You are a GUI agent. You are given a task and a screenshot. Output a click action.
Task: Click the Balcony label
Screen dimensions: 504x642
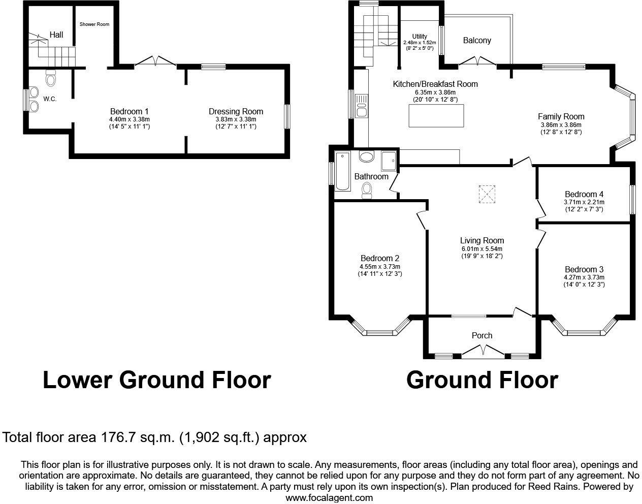[477, 40]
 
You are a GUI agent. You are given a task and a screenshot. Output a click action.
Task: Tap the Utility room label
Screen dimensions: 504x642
[420, 36]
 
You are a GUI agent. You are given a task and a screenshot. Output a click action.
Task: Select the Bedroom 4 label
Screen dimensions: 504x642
[584, 194]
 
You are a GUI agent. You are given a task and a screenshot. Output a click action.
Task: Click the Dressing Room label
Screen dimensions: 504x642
[236, 112]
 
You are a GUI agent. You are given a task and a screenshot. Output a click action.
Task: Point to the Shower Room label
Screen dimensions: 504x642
[94, 24]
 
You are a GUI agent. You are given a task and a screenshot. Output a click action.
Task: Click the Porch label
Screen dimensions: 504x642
[482, 335]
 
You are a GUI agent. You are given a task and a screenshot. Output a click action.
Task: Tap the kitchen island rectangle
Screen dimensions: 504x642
[437, 115]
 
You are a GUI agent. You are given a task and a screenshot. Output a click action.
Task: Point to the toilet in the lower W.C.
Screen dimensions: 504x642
[50, 79]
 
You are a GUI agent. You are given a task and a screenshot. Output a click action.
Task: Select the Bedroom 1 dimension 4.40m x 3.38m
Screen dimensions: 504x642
[129, 119]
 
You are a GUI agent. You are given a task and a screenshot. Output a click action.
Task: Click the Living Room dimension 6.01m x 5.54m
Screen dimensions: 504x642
[482, 249]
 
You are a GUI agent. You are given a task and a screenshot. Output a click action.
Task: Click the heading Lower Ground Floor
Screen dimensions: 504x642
[156, 380]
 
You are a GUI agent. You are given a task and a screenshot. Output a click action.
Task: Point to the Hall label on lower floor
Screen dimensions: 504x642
[56, 35]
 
